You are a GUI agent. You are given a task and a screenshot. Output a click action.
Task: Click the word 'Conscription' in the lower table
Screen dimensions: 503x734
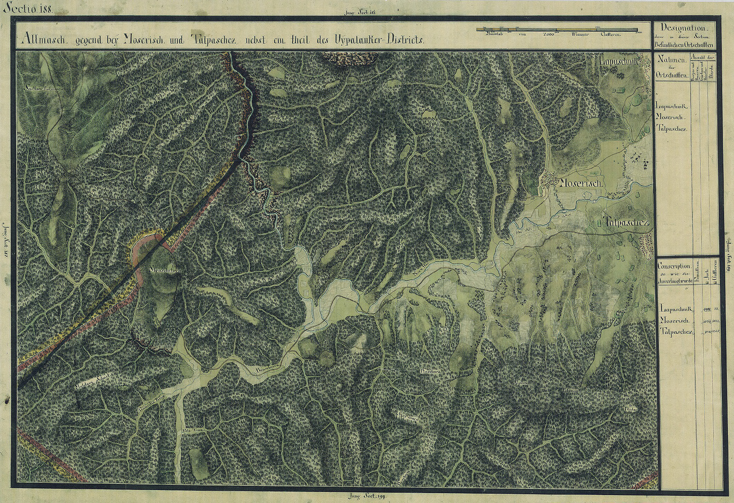pyautogui.click(x=674, y=266)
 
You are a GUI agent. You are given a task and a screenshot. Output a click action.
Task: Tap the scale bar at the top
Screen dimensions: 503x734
pyautogui.click(x=557, y=29)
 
